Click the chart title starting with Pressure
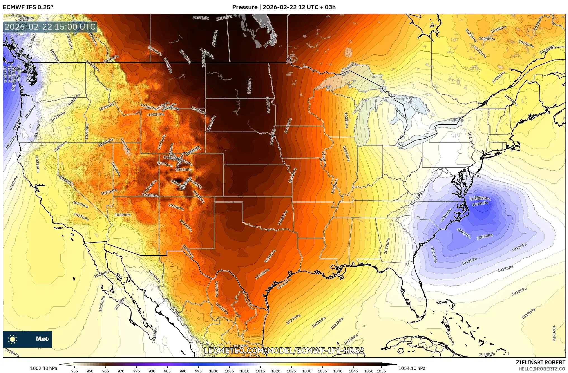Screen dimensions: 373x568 coord(284,7)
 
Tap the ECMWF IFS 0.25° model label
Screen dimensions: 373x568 coord(28,7)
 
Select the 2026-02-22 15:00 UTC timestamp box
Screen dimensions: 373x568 coord(50,27)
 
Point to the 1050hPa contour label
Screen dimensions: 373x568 coord(249,86)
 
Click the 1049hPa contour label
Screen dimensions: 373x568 coord(185,56)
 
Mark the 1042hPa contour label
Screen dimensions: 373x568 coord(288,126)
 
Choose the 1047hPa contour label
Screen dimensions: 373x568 coord(268,105)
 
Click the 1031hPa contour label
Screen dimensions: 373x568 coord(109,192)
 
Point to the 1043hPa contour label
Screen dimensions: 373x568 coord(199,111)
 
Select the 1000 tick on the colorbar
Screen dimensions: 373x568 coord(214,371)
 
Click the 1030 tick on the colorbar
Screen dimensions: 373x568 coord(306,371)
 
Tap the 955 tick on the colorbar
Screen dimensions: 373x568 coord(75,371)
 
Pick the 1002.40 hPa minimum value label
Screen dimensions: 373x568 coord(44,368)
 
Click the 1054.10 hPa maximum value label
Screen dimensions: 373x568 coord(412,368)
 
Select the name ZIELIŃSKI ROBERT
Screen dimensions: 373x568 coord(540,362)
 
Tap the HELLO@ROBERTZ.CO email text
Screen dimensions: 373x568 coord(542,369)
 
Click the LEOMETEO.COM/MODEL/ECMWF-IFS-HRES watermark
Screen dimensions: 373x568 coord(284,350)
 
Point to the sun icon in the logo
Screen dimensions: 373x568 coord(13,339)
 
